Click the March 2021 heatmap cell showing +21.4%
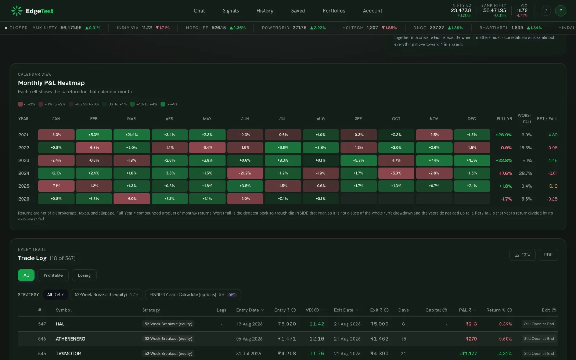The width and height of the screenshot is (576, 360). coord(132,135)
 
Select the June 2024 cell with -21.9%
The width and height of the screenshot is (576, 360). coord(245,173)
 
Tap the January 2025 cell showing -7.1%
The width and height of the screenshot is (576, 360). coord(56,186)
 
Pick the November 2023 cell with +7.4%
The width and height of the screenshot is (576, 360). coord(434,160)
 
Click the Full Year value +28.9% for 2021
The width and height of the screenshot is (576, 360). coord(504,135)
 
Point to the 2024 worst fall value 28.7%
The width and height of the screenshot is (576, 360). coord(525,173)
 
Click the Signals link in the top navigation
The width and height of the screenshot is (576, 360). coord(231,10)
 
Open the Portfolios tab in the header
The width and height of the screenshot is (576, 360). coord(334,10)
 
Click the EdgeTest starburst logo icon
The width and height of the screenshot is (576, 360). coord(17,11)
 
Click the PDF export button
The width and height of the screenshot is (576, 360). coord(548,255)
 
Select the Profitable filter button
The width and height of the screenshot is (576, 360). coord(53,275)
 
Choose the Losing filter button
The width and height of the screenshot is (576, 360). coord(84,275)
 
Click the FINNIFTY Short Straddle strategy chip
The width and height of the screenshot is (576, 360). coord(193,294)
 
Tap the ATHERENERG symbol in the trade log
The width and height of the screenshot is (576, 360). coord(71,339)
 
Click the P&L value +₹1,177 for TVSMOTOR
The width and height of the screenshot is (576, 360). coord(468,354)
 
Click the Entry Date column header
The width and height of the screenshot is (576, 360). coord(247,310)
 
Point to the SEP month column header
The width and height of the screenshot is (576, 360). coord(359,118)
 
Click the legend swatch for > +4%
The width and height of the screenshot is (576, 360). coord(163,104)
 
